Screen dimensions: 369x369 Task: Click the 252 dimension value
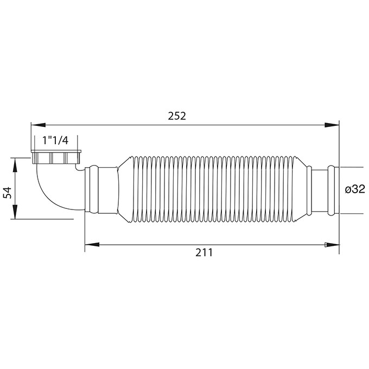(177, 116)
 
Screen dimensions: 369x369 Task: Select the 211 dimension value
(204, 252)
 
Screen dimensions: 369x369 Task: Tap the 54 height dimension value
(8, 193)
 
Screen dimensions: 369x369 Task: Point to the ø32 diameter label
(355, 189)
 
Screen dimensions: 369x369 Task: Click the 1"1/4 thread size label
(55, 141)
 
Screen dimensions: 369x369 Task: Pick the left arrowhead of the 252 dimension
(38, 125)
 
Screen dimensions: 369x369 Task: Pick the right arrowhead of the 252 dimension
(332, 125)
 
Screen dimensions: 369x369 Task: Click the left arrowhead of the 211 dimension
(92, 245)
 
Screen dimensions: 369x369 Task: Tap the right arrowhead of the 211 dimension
(332, 245)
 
